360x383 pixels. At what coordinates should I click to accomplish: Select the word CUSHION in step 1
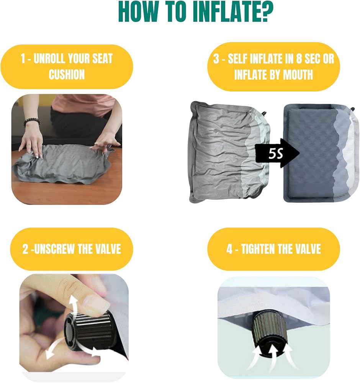point(67,75)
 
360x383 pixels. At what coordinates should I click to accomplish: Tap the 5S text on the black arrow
point(276,154)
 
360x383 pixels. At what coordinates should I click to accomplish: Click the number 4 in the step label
point(229,249)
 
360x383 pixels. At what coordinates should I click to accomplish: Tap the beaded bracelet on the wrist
point(31,122)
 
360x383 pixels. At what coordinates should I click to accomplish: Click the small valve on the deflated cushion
point(265,114)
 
